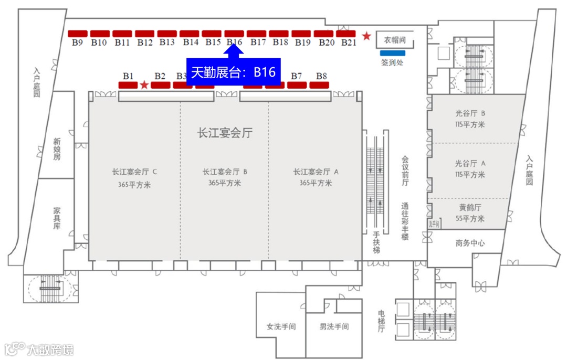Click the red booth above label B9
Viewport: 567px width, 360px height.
pos(77,34)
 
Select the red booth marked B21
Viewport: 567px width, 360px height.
pos(346,34)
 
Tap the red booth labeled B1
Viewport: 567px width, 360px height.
pos(128,85)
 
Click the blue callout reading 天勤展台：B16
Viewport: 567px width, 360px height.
pos(234,72)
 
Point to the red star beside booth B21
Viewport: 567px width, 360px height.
pos(366,36)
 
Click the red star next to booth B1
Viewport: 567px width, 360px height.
pos(144,85)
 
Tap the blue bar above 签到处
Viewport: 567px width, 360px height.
pos(393,53)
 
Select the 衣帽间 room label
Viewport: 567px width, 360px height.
pos(394,40)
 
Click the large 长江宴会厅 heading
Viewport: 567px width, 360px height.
pos(225,133)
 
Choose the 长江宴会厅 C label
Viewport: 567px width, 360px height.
pos(135,172)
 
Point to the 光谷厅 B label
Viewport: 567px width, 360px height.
pos(470,113)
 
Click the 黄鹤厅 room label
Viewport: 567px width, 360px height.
pos(470,208)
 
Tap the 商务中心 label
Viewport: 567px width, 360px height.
pos(470,243)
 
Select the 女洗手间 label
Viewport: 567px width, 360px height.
pos(281,326)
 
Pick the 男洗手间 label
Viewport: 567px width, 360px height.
pos(334,326)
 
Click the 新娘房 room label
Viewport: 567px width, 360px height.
pos(57,149)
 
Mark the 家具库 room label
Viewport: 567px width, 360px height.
pos(57,218)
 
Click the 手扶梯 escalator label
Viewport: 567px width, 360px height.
pos(376,242)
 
